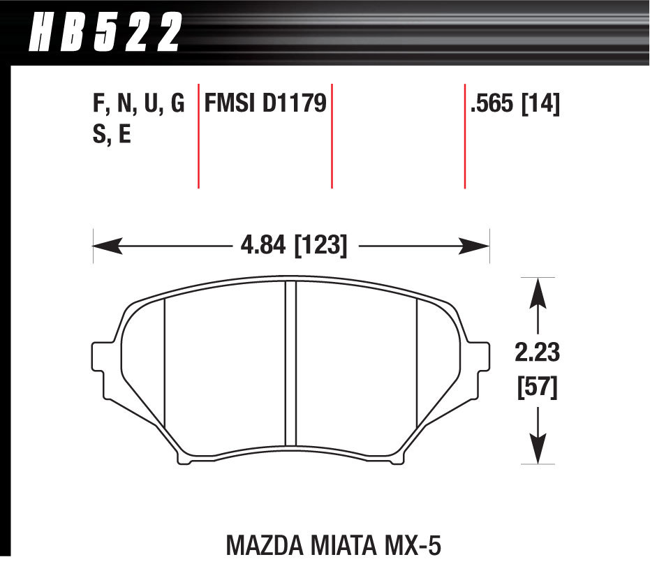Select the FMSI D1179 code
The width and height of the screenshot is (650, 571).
(x=265, y=105)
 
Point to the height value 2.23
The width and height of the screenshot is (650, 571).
(x=537, y=354)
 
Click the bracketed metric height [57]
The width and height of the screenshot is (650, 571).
(x=537, y=388)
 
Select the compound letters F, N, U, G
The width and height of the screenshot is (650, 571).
(x=138, y=105)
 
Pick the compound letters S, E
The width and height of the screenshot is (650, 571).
(x=112, y=134)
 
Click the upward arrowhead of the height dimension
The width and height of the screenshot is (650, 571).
(x=537, y=290)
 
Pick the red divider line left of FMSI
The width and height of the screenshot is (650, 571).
(x=199, y=136)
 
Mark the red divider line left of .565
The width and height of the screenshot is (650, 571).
(x=464, y=136)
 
